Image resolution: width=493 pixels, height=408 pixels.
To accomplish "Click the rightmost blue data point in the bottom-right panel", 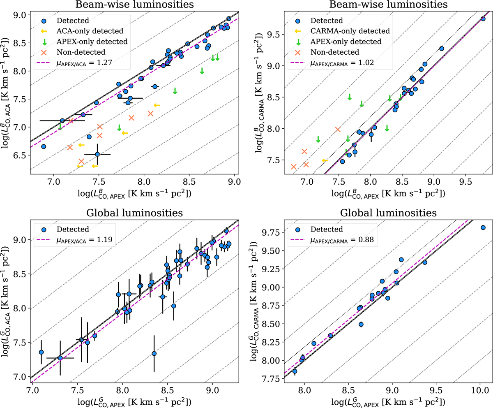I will click(x=483, y=227).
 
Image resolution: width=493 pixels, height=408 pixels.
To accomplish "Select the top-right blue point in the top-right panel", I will click(x=483, y=19).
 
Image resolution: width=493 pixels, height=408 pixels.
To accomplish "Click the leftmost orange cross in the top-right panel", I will click(x=294, y=167).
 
